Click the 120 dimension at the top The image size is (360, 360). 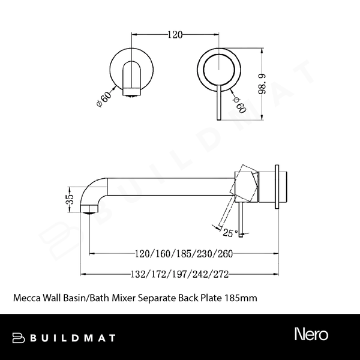[175, 34]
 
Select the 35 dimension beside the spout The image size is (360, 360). [70, 199]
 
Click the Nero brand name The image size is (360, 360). [311, 333]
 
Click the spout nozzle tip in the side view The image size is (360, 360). [89, 209]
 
